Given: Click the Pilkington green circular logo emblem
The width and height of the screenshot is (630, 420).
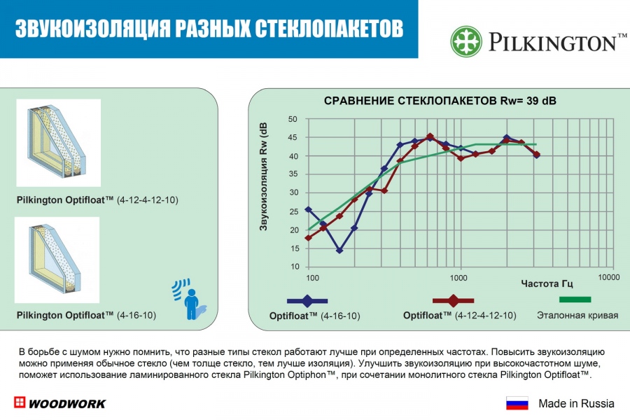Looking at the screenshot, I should (x=467, y=41).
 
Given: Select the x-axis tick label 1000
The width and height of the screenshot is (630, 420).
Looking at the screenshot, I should (x=459, y=278).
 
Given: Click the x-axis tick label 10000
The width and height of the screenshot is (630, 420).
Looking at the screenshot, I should (x=609, y=278).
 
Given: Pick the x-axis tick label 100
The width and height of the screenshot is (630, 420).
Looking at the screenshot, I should (x=312, y=278).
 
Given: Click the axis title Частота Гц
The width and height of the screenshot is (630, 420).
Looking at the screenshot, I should (x=547, y=283).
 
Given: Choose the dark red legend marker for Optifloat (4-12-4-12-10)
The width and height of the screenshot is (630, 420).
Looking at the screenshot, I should (x=454, y=300).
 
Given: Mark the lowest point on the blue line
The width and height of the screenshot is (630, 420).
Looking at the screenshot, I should (x=339, y=250).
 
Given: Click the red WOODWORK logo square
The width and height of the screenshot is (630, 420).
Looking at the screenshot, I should (x=19, y=403).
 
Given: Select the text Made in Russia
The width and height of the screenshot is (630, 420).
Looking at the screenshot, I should (x=576, y=403).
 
